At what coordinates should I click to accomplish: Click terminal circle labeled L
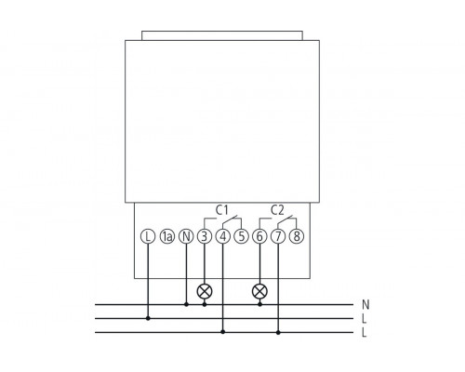(148, 236)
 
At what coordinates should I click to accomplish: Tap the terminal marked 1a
(167, 236)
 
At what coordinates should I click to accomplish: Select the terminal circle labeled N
(186, 236)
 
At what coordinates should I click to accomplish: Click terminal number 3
(205, 236)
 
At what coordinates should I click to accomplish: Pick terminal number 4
(223, 236)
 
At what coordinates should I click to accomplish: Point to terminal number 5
(241, 236)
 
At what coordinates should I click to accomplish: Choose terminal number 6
(259, 236)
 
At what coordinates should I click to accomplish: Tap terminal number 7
(278, 236)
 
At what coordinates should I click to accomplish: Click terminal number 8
(297, 236)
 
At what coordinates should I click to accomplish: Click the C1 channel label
(222, 210)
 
